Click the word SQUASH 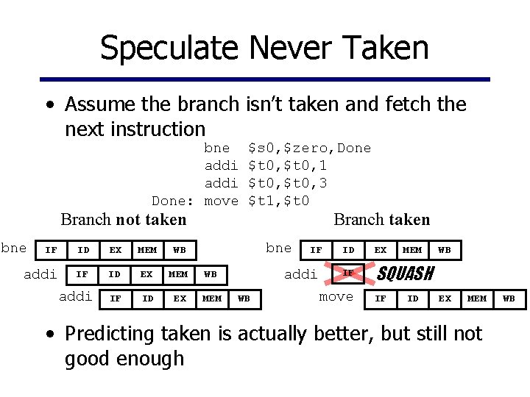(404, 274)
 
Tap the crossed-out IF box (348, 273)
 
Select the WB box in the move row (509, 298)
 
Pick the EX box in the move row (445, 298)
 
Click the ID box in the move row (412, 298)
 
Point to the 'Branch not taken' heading (123, 219)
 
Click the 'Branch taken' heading (381, 219)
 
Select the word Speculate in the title (169, 49)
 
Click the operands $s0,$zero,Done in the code (309, 148)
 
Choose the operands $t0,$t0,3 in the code (288, 183)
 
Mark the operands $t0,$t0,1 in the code (288, 165)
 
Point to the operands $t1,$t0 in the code (279, 201)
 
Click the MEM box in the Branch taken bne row (412, 250)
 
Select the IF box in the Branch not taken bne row (51, 250)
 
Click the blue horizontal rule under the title (264, 78)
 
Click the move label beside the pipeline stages (336, 296)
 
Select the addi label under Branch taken (300, 273)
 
